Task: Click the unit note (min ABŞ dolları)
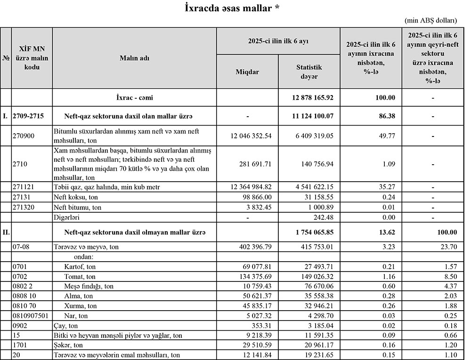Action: point(430,21)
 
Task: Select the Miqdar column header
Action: point(247,72)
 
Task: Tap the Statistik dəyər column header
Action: point(309,72)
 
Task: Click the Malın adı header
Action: point(134,58)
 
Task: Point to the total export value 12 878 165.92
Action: point(309,98)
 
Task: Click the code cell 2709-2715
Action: point(31,115)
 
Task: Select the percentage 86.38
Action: point(386,115)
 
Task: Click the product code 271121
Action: point(24,187)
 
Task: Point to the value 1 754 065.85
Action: point(309,232)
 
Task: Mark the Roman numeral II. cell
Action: point(6,232)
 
